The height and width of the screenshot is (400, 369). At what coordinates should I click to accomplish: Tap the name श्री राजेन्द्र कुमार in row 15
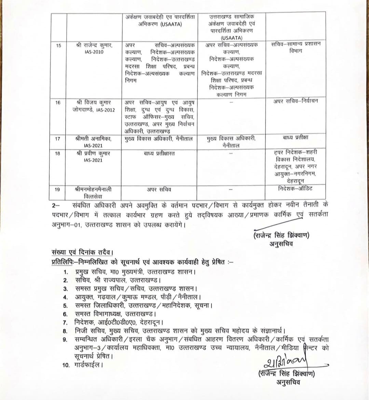(94, 45)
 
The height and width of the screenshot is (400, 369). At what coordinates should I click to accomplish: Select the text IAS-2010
(94, 52)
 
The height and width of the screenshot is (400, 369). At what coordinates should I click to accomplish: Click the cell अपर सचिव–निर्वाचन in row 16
(296, 101)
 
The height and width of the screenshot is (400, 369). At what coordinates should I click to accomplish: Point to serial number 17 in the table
(58, 139)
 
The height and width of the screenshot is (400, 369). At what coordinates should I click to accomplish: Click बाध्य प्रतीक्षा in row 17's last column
(296, 137)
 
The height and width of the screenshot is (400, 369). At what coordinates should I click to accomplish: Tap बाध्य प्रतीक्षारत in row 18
(159, 153)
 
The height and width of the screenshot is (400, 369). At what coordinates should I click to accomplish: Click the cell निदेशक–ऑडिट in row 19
(295, 188)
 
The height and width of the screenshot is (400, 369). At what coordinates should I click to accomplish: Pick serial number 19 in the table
(58, 189)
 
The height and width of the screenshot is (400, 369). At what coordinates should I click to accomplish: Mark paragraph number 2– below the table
(55, 206)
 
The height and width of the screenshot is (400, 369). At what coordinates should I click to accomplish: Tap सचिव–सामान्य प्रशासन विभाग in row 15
(296, 47)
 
